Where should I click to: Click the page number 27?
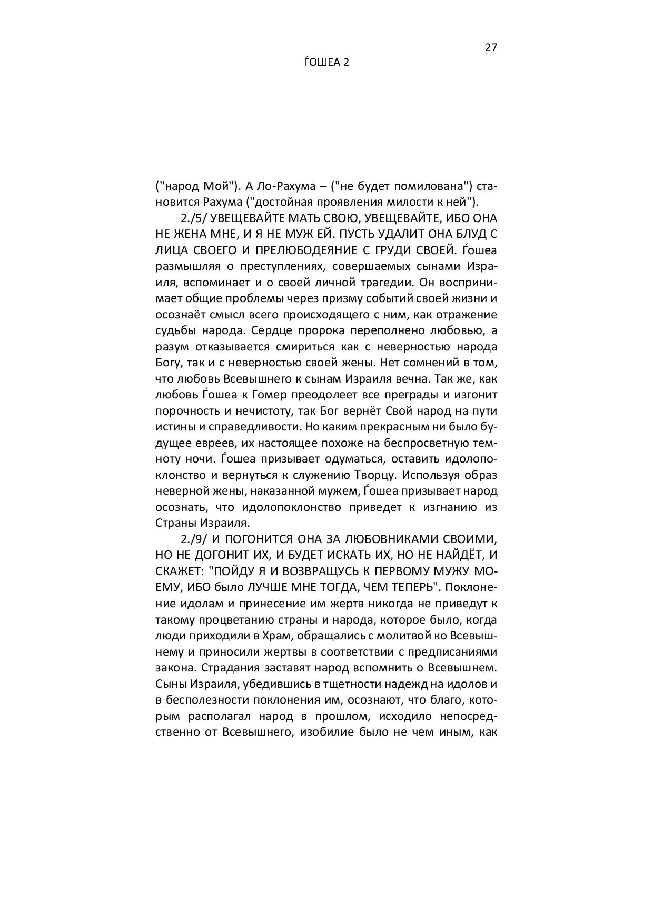pyautogui.click(x=490, y=47)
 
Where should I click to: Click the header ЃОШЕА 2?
pyautogui.click(x=326, y=63)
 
